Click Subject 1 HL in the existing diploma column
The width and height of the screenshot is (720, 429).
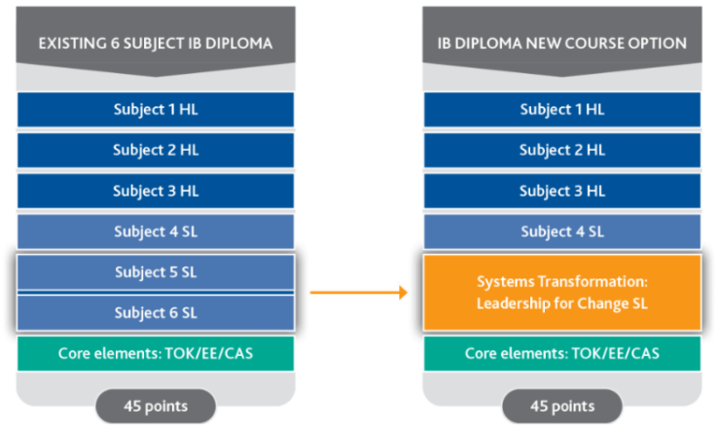[155, 109]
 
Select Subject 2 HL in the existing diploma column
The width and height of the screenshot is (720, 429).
[155, 150]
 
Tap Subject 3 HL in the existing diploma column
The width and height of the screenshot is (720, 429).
[155, 191]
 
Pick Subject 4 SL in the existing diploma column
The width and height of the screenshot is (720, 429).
[155, 232]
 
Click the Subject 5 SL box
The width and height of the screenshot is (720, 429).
[155, 272]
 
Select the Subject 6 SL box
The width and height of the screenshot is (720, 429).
[155, 312]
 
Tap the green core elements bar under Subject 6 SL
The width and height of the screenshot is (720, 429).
[155, 353]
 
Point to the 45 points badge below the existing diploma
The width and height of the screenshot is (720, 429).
[155, 405]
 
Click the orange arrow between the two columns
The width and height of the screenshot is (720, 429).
[357, 292]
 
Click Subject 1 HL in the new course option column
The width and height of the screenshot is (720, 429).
[561, 109]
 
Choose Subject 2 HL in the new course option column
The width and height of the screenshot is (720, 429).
[561, 150]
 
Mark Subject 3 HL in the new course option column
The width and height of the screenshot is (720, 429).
[561, 191]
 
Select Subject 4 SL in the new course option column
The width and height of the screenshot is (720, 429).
[561, 232]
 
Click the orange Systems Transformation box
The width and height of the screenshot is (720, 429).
[561, 292]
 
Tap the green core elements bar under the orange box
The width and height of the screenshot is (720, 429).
[561, 353]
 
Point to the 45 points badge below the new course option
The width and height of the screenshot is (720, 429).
[561, 405]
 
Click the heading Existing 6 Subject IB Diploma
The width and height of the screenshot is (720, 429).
[155, 44]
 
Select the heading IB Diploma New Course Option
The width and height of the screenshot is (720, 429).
[561, 44]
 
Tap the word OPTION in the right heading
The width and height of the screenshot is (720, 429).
[660, 44]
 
